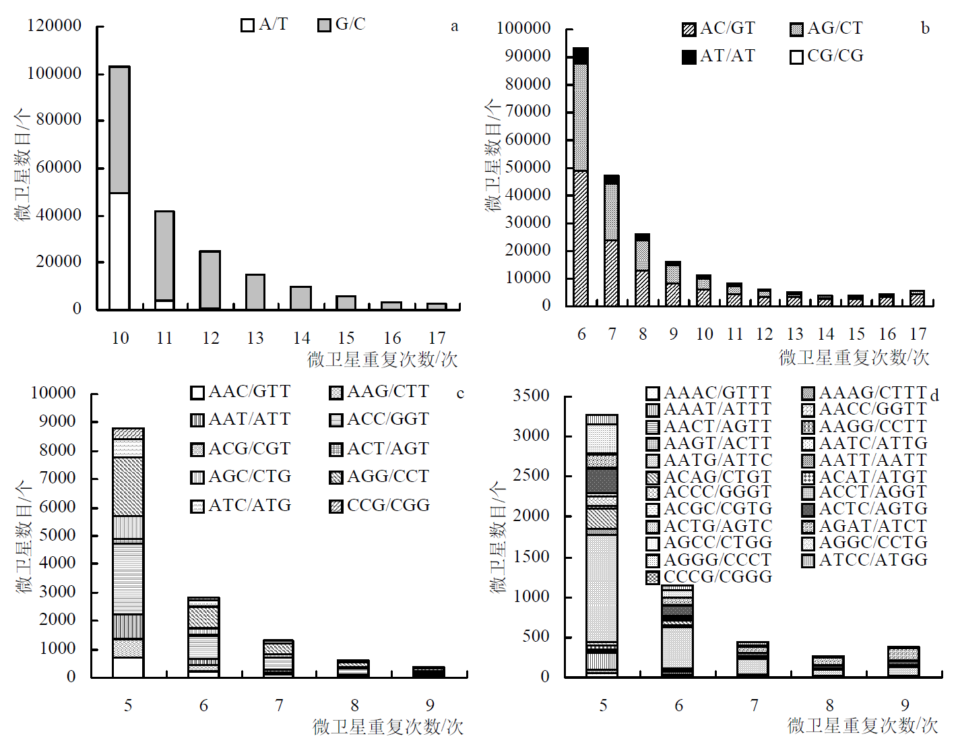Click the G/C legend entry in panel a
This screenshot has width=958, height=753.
(x=342, y=25)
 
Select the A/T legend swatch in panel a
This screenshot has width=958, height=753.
(x=248, y=26)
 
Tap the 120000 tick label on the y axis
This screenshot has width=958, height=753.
(x=54, y=26)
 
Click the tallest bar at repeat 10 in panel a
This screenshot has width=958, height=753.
(x=119, y=187)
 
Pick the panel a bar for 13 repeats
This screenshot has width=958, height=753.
(x=255, y=291)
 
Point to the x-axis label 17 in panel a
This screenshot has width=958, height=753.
(x=437, y=338)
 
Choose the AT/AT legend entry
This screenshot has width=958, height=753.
(x=719, y=56)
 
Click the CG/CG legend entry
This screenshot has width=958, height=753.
(x=827, y=56)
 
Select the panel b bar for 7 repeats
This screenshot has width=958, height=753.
(x=612, y=240)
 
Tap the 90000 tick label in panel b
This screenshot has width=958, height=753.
(x=528, y=56)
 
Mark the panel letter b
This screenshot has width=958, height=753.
(x=925, y=28)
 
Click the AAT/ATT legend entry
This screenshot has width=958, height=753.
(x=241, y=419)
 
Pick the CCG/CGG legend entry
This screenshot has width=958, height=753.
(x=379, y=506)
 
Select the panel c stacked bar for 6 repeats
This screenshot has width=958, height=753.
(x=203, y=636)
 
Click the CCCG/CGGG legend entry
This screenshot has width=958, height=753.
(x=709, y=577)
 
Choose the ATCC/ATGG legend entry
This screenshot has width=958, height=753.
(x=865, y=560)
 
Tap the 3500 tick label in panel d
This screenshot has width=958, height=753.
(x=531, y=396)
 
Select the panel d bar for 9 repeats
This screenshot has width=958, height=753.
(x=903, y=661)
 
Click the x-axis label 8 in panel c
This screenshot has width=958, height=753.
(x=355, y=706)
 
